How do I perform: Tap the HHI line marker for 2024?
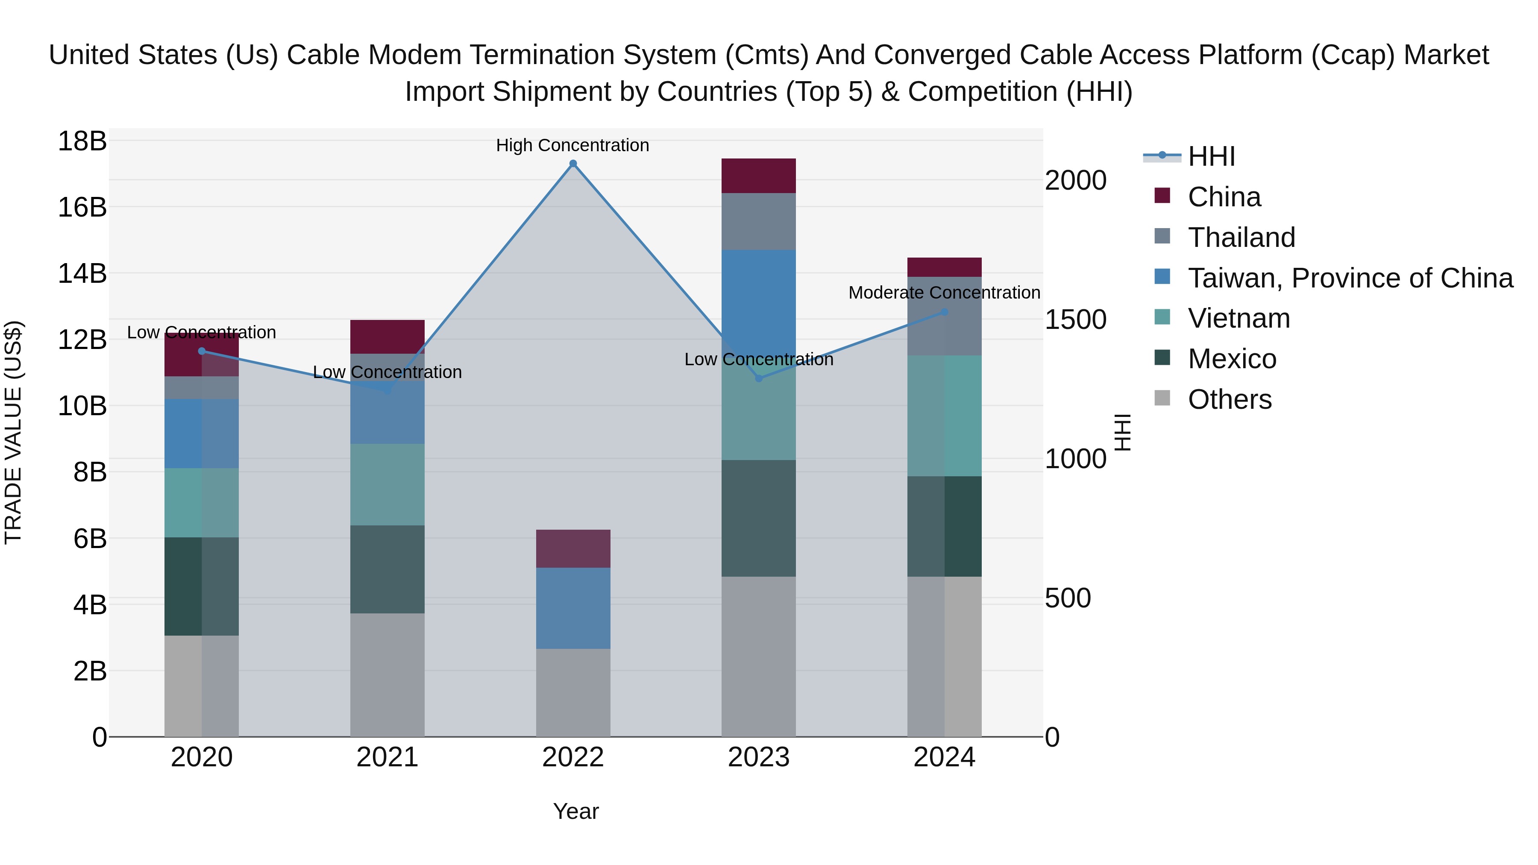[945, 312]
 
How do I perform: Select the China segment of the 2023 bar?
[758, 176]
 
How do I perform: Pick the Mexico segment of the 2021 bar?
[387, 569]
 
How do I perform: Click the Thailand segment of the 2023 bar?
[758, 221]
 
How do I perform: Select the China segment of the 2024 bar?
[945, 267]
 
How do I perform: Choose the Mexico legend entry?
[1231, 359]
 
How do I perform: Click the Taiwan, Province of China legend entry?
[1349, 278]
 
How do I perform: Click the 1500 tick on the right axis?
[1075, 320]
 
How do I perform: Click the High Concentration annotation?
[572, 145]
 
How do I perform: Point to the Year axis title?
[575, 811]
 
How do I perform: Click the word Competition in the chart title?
[981, 91]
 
